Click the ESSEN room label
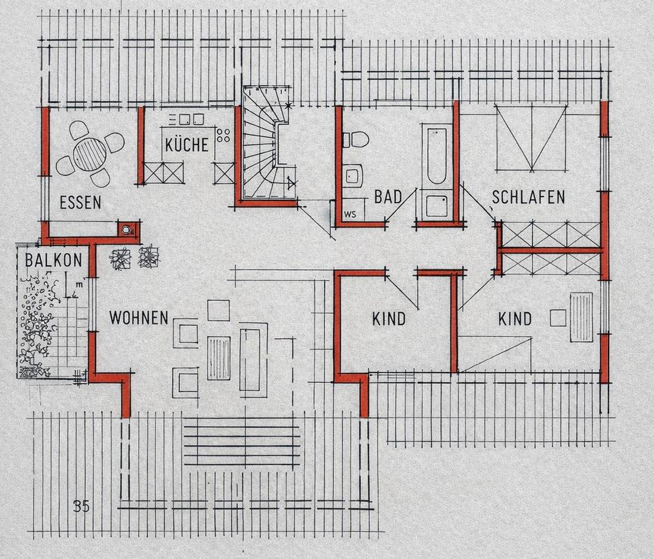click(x=80, y=202)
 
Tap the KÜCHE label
click(x=187, y=145)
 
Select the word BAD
click(x=388, y=197)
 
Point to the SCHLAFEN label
click(x=528, y=197)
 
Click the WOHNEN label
click(x=139, y=318)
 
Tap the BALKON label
click(x=53, y=260)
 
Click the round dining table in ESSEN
click(x=90, y=153)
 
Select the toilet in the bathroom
click(x=356, y=140)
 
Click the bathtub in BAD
click(x=436, y=155)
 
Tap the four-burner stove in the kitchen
click(x=223, y=135)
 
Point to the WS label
click(x=350, y=215)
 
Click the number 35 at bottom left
click(x=81, y=507)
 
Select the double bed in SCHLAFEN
click(x=532, y=137)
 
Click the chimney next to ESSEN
click(x=127, y=229)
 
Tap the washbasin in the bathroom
click(x=354, y=177)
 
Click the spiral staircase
click(x=267, y=141)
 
